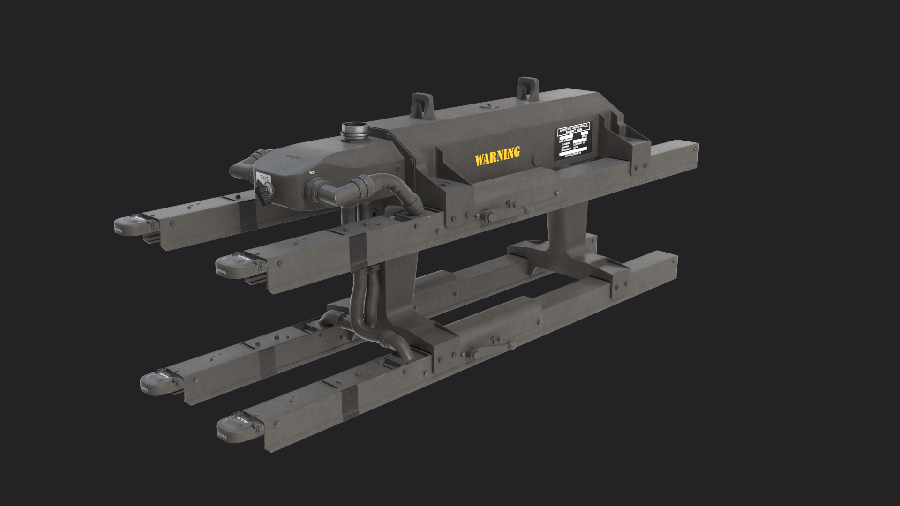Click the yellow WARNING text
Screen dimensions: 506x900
point(497,156)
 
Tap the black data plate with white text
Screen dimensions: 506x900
point(573,140)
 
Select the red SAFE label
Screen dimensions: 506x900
point(264,179)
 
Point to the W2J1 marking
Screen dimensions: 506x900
point(313,172)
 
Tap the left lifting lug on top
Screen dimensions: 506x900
point(422,106)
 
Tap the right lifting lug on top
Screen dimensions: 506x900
point(528,89)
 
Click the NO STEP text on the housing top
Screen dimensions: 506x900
point(293,157)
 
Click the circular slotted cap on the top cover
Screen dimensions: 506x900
point(488,106)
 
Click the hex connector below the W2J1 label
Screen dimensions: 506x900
point(313,189)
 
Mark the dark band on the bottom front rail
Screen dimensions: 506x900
point(350,403)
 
